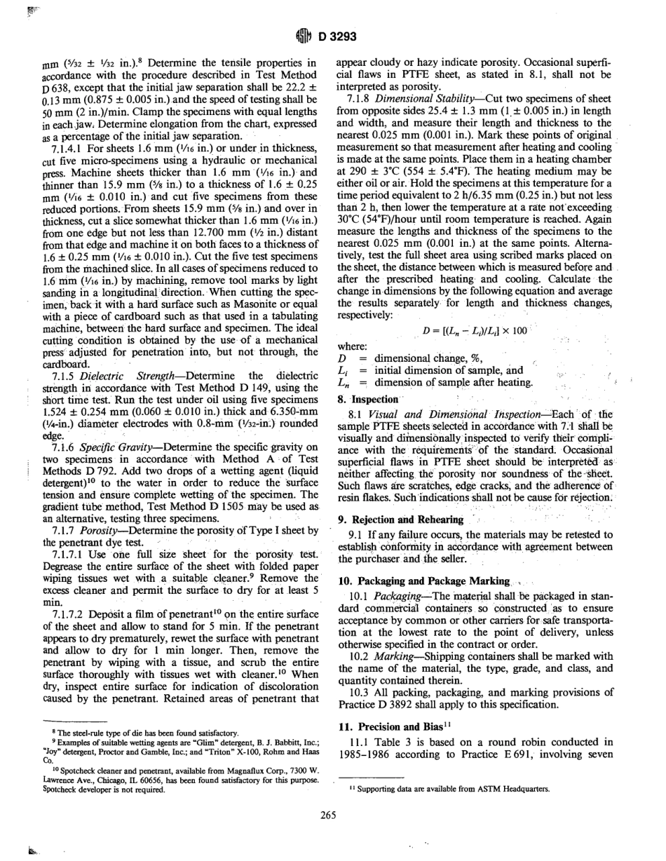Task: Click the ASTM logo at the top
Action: point(306,32)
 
